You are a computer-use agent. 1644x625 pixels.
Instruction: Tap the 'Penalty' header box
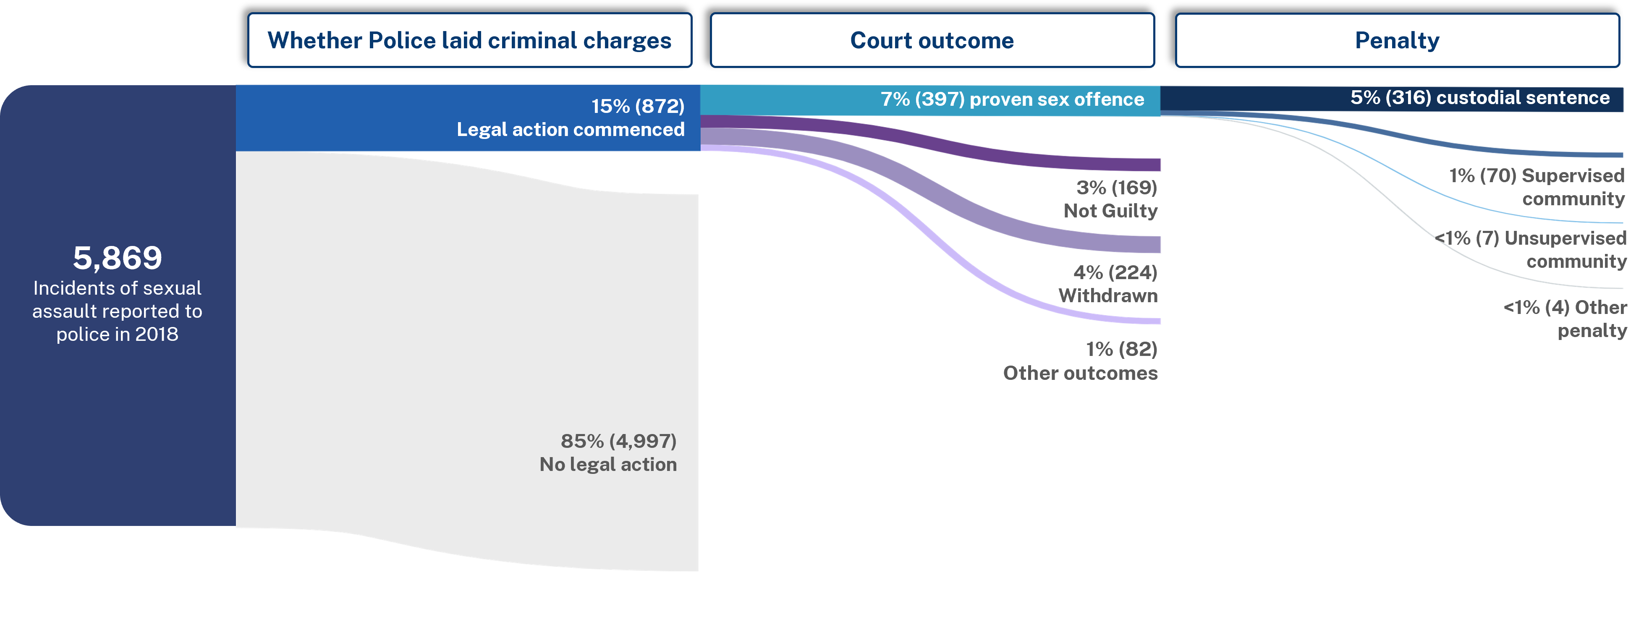pos(1397,40)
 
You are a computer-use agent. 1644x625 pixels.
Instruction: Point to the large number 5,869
pos(118,258)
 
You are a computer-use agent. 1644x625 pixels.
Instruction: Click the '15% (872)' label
pos(638,106)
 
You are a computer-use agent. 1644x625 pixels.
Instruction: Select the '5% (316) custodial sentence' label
pos(1479,98)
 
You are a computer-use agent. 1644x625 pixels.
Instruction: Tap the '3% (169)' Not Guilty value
pos(1116,188)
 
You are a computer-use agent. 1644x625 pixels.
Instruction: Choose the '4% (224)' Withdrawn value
pos(1115,272)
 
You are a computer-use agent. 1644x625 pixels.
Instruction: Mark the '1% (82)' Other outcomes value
pos(1121,349)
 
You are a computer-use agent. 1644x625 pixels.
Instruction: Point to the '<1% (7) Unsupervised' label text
pos(1531,238)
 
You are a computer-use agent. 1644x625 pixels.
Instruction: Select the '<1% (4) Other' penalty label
pos(1565,308)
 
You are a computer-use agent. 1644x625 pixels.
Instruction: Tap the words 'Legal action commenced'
pos(571,130)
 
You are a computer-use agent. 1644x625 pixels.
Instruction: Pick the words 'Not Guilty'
pos(1110,211)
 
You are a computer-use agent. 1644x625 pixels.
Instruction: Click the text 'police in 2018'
pos(118,334)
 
